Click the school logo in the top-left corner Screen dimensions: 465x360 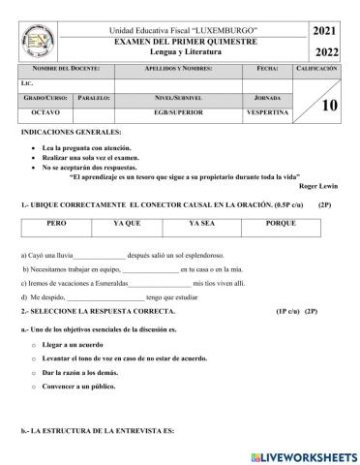[37, 39]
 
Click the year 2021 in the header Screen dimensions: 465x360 [326, 32]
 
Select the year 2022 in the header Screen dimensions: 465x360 [326, 52]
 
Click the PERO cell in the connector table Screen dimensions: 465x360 [57, 223]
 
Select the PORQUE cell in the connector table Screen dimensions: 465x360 [281, 223]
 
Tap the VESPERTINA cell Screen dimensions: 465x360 [268, 113]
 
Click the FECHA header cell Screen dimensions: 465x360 [268, 71]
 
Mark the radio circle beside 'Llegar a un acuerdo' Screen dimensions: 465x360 [34, 344]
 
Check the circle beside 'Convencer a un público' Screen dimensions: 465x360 [34, 386]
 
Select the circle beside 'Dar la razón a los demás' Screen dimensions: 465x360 [34, 372]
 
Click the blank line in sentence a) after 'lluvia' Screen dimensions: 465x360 [99, 255]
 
